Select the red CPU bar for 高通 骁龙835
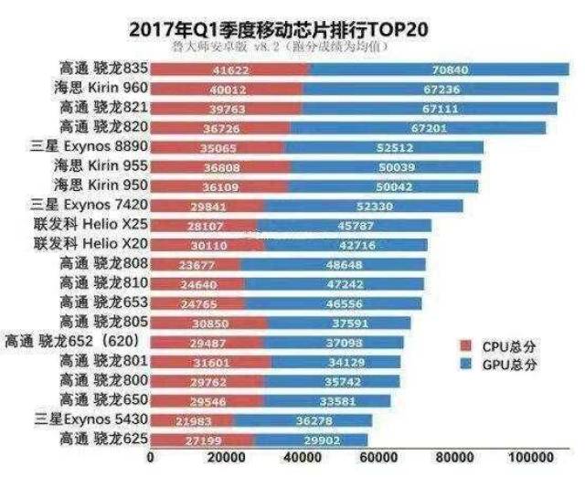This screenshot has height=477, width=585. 229,69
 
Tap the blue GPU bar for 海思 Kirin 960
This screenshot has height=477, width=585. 430,89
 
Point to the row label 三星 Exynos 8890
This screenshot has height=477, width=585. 86,147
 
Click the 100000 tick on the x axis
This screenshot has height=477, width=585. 529,457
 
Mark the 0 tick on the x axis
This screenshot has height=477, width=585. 150,457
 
